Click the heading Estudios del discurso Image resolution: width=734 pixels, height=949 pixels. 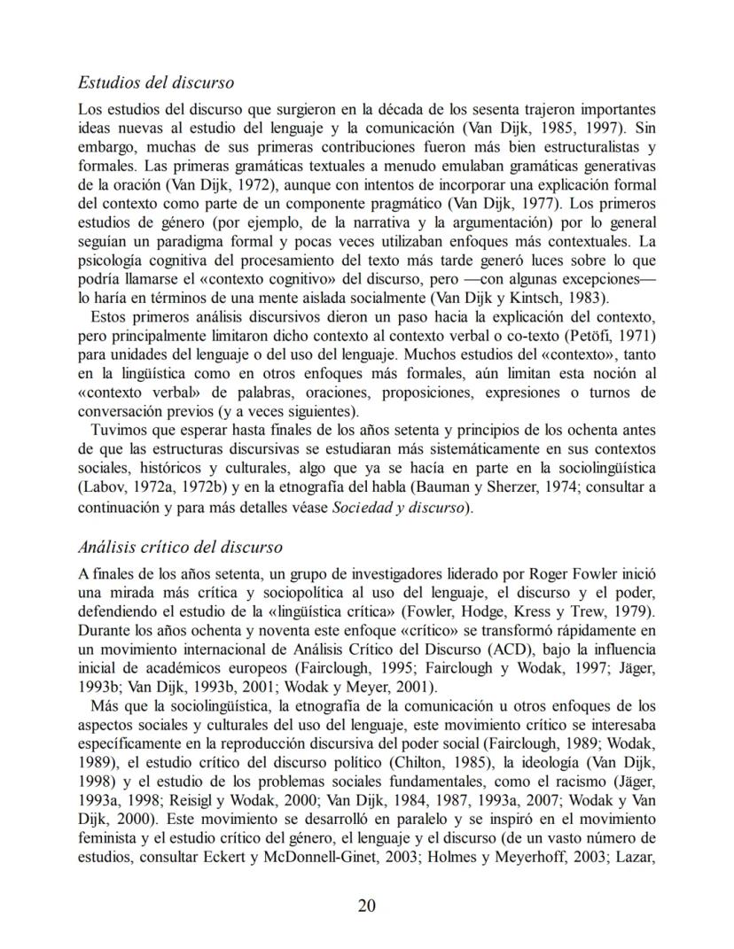tap(156, 83)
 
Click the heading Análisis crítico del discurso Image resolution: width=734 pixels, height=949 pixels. tap(180, 547)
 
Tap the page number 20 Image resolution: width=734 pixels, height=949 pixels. tap(367, 905)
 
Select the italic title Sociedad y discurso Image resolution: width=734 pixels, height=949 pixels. tap(404, 509)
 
